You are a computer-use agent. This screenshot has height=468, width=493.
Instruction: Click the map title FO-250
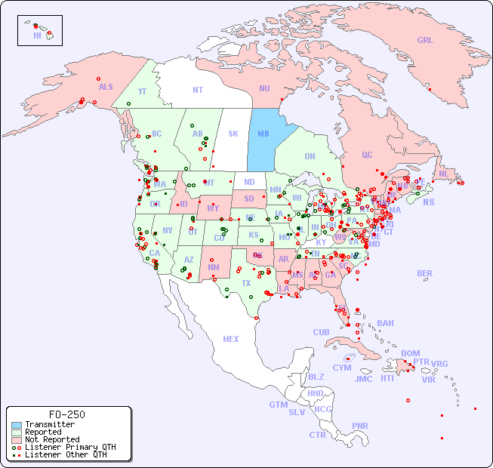66,414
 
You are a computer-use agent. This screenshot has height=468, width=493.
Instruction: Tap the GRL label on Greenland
425,40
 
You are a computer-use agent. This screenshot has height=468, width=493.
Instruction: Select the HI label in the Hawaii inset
37,35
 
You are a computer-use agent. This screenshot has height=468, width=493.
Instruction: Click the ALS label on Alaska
106,87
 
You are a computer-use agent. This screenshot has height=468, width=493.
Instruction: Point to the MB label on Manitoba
263,134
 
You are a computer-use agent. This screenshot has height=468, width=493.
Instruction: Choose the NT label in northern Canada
197,90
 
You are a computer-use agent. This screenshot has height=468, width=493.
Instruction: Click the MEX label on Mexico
231,339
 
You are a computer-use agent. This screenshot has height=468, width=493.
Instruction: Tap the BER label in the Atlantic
424,273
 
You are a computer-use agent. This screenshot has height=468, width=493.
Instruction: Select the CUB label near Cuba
321,332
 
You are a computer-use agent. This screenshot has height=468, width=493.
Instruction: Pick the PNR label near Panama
360,426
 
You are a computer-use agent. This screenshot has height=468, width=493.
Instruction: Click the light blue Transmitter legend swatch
17,425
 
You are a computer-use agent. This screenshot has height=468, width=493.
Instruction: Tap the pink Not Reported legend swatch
17,439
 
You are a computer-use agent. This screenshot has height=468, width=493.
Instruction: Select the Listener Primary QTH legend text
70,447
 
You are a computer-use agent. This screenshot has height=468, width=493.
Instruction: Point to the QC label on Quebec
367,155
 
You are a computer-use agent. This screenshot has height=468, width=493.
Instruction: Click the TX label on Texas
246,283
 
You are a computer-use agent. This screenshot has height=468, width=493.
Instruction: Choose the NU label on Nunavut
264,88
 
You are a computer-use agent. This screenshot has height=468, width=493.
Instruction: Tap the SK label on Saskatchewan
233,134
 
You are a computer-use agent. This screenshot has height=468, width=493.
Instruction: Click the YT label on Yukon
142,91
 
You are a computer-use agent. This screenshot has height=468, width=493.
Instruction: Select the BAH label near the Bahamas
385,323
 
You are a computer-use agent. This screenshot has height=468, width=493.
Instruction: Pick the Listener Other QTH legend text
66,454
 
